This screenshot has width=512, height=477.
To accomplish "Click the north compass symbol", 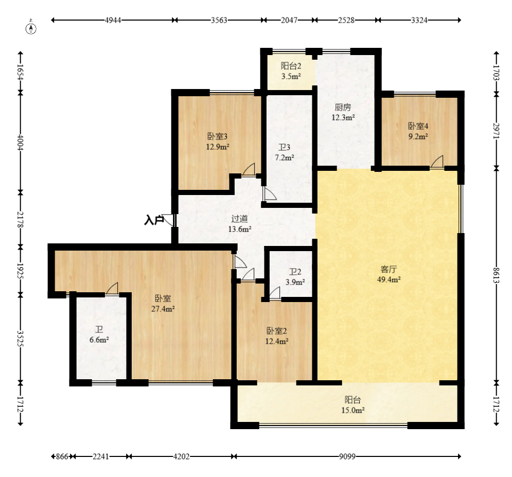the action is tap(31, 28).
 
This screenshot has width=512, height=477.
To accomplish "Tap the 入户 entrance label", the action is tap(154, 220).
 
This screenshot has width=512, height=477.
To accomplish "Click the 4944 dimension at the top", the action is tap(113, 20).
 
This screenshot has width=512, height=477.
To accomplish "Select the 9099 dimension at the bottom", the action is tap(347, 456).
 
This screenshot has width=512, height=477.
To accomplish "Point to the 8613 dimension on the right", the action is tap(497, 275).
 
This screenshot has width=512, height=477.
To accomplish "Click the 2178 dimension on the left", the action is tap(20, 220).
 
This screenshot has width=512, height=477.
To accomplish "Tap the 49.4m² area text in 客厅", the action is tap(389, 279).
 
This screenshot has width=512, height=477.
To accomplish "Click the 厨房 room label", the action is tap(343, 107).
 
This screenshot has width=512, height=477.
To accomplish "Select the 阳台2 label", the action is tap(291, 66).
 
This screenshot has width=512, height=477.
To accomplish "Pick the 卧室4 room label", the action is tap(418, 126).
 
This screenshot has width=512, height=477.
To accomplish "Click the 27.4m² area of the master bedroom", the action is tap(163, 309).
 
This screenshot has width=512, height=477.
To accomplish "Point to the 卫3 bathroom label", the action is tap(285, 148).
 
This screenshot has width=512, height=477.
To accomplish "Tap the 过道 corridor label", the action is tap(240, 219).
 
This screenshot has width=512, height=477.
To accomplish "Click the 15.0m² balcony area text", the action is tap(353, 410).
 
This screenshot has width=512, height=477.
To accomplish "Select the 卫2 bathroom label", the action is tap(295, 272).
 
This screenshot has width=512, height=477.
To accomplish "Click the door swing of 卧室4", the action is tap(437, 162).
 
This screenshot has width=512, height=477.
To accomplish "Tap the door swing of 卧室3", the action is tap(248, 169).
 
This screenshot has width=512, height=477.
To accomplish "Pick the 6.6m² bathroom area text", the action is tap(99, 340).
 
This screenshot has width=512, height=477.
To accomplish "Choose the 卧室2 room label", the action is tap(277, 331).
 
